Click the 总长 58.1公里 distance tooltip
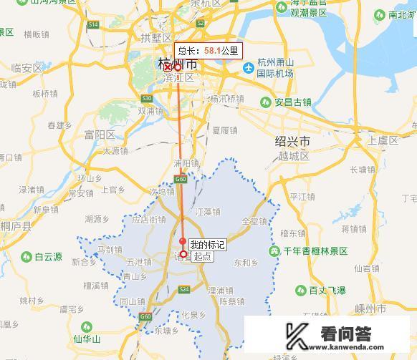pos(208,52)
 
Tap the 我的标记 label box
pos(207,245)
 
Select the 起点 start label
pos(202,256)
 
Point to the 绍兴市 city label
pos(292,140)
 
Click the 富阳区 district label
pos(100,135)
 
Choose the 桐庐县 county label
pos(16,225)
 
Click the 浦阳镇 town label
pos(186,162)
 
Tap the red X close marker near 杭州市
pos(168,67)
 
